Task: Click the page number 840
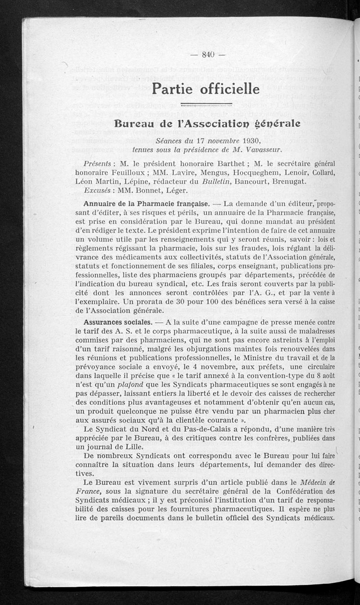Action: click(207, 55)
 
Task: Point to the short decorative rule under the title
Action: click(206, 105)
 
